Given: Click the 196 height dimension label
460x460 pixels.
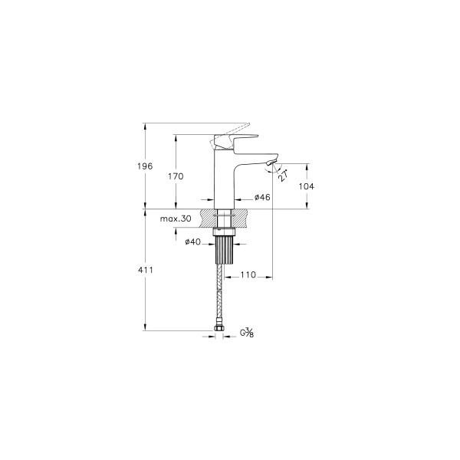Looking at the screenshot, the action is point(145,166).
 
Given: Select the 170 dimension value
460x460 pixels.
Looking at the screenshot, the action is point(176,176).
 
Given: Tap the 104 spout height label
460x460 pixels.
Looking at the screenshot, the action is point(306,186).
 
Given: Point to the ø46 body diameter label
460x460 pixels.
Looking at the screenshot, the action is point(262,198).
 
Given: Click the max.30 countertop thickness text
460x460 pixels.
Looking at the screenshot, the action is point(176,219).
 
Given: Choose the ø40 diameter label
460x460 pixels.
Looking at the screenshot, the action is point(193,242).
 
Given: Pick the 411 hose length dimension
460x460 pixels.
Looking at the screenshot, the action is point(146,270).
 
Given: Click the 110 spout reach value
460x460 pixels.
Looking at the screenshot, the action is point(248,275).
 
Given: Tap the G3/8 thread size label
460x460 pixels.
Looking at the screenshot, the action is point(247,333).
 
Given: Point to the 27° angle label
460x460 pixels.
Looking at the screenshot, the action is point(283,176).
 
